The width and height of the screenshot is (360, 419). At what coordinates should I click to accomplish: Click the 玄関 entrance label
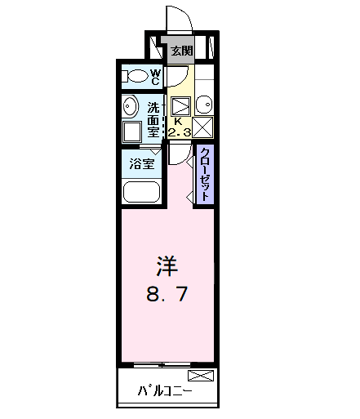click(181, 51)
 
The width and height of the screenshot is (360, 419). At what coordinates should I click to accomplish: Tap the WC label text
click(155, 77)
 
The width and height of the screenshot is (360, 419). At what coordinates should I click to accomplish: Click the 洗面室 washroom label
click(153, 117)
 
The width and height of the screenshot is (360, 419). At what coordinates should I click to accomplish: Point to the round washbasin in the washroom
click(131, 107)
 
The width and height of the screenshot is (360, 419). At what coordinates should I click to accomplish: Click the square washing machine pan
click(131, 133)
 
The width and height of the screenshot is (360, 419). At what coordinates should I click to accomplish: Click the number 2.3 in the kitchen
click(180, 131)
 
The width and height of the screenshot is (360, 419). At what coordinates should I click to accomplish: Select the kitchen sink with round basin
click(203, 105)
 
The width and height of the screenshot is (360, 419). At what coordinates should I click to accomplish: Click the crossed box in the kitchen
click(203, 127)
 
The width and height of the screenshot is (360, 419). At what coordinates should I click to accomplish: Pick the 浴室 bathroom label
click(144, 163)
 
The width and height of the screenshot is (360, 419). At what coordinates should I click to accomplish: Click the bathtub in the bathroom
click(141, 193)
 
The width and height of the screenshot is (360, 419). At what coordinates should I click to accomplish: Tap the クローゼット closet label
click(205, 173)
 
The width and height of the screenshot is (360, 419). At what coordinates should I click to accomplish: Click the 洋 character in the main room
click(167, 265)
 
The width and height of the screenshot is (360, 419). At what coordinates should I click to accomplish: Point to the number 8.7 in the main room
click(167, 293)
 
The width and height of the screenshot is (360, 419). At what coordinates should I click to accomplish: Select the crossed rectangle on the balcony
click(201, 376)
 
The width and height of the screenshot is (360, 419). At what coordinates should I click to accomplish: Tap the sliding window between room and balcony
click(167, 363)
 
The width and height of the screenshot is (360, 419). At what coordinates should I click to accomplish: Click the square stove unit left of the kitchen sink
click(181, 105)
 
